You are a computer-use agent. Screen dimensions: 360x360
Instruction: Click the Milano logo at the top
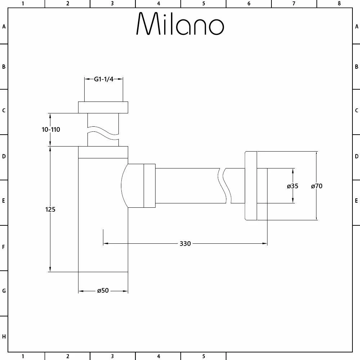[180, 23]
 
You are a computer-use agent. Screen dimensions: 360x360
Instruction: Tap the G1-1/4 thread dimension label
[104, 79]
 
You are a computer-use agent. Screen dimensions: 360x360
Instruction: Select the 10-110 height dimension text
[51, 130]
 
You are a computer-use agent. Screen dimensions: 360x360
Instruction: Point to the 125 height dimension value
[50, 210]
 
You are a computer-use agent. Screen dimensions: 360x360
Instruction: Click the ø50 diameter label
[103, 291]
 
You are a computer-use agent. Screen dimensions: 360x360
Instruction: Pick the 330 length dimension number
[185, 244]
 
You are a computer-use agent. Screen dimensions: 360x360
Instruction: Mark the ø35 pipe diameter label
[292, 186]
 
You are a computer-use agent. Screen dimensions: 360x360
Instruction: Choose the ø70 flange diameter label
[316, 186]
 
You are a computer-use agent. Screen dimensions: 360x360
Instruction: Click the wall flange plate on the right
[251, 186]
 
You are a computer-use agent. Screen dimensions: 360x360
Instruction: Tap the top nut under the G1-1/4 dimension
[103, 107]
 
